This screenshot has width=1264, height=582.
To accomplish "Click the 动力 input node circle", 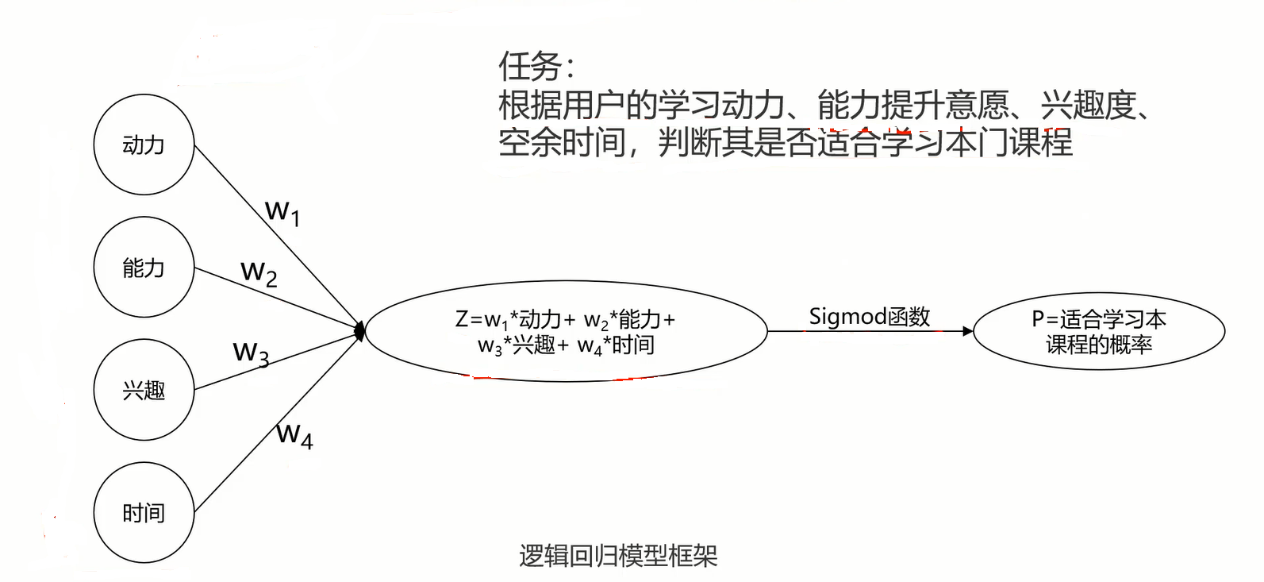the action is pos(144,145).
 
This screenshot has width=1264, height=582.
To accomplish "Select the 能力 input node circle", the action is pos(144,268).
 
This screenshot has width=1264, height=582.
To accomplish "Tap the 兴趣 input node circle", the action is pos(144,390).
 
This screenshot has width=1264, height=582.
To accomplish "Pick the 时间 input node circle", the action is pos(144,513).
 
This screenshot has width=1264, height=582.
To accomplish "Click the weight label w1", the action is pos(282,213).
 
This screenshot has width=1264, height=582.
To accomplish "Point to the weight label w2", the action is pos(259,273).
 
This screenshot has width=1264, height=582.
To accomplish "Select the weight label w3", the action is pos(251,353).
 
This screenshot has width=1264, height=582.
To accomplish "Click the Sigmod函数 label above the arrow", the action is pos(869,317).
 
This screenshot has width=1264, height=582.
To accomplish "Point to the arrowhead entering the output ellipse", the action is pos(967,331).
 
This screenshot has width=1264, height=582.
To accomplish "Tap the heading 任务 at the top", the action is pos(529,67).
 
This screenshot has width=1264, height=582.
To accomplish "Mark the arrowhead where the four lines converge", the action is pos(360,330).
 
